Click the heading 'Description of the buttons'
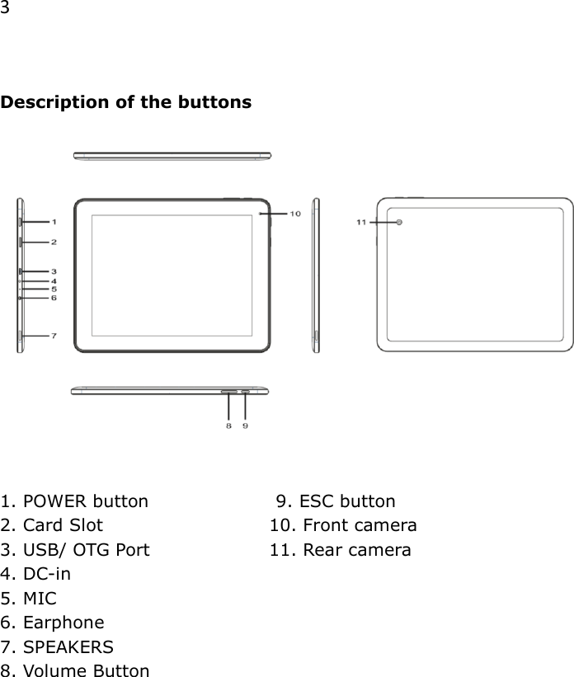126,103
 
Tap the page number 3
5,9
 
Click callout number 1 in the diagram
54,222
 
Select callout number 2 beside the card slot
54,242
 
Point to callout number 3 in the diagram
54,271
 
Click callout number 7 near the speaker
54,336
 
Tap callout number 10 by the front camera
294,214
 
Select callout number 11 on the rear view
361,222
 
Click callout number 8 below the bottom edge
228,425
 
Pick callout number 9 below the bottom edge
246,425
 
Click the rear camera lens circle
400,223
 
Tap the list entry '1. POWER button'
75,501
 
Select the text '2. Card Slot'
52,525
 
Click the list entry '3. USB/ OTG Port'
75,550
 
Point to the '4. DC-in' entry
35,574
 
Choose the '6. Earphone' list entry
53,623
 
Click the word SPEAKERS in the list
68,646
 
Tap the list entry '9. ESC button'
336,501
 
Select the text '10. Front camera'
343,525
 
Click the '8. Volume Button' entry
75,670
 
